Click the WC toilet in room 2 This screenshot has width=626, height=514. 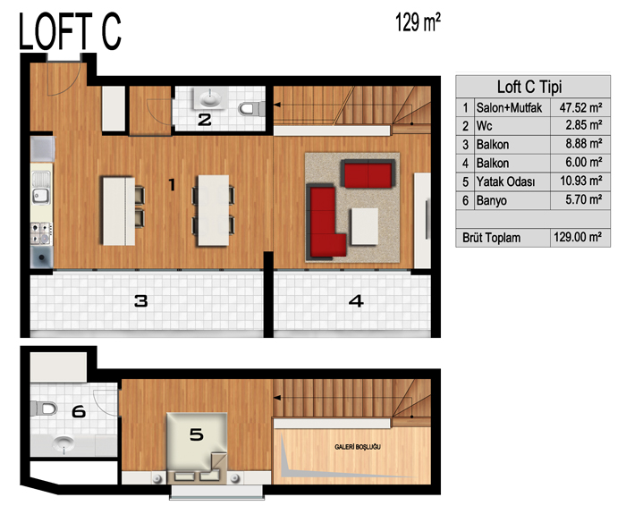(252, 108)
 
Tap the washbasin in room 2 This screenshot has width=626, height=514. (210, 98)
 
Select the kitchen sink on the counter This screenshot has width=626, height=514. (41, 188)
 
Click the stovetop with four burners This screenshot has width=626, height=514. (41, 233)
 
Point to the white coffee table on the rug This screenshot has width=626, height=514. (365, 226)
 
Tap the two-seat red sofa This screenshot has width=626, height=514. (368, 173)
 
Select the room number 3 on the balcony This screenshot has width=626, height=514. (141, 301)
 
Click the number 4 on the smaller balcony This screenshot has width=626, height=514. (356, 301)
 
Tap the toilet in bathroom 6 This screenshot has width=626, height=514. (44, 409)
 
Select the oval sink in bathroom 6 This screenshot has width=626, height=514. (63, 443)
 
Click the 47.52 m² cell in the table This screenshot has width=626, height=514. (580, 107)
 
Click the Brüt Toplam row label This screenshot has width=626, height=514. (491, 238)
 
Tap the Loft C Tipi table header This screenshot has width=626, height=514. (529, 87)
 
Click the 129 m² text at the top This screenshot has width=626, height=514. (418, 22)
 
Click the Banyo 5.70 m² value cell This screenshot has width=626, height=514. (584, 199)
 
